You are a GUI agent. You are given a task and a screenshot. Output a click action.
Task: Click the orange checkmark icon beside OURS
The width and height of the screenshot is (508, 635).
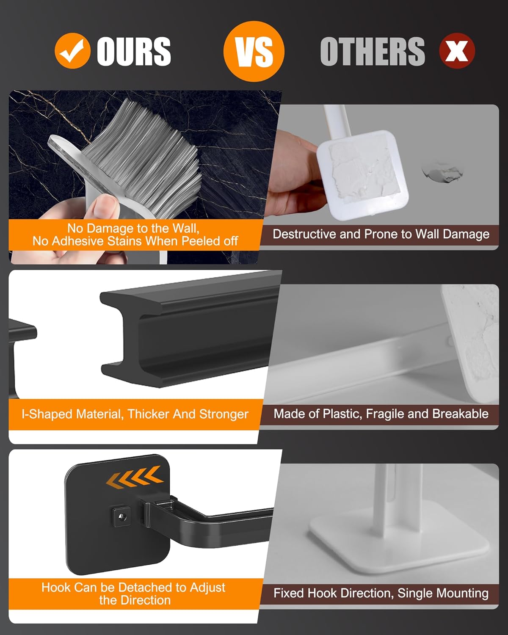[73, 51]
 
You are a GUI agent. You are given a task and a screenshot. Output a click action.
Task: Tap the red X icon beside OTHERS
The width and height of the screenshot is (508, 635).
[457, 51]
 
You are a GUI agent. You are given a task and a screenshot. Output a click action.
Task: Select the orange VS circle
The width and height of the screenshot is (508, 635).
[254, 51]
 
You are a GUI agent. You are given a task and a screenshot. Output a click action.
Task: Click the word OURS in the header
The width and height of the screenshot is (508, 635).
[134, 51]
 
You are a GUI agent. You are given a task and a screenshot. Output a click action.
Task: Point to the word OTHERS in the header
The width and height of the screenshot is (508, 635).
[373, 51]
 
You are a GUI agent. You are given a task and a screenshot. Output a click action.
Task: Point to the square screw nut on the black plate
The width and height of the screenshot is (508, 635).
[121, 516]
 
